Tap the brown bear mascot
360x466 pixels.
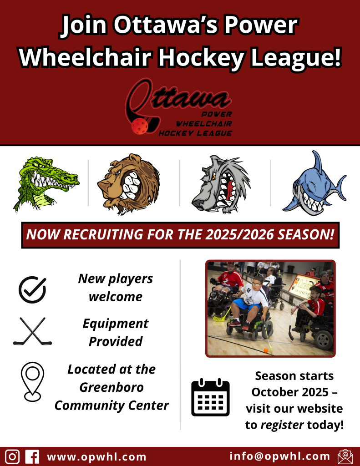click(128, 184)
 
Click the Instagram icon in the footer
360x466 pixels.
click(12, 456)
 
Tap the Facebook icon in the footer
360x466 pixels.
click(32, 456)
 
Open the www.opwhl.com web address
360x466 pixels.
click(96, 457)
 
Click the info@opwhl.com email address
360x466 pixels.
click(280, 456)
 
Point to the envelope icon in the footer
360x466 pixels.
click(345, 457)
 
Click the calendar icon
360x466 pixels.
click(210, 397)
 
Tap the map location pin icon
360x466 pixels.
click(32, 382)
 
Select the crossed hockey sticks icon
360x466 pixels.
click(32, 331)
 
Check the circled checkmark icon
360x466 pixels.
click(32, 290)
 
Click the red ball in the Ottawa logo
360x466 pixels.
click(139, 126)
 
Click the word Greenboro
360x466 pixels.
click(112, 387)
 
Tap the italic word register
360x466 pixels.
click(282, 425)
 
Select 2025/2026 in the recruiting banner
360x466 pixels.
click(239, 235)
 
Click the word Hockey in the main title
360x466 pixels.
click(201, 57)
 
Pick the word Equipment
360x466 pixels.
click(115, 324)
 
